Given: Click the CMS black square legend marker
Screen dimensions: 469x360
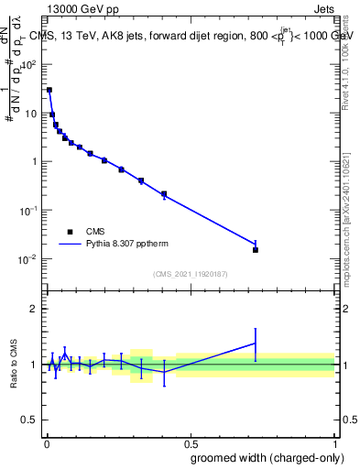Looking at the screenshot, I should point(71,232).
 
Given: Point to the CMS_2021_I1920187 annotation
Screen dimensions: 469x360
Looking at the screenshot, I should point(191,274).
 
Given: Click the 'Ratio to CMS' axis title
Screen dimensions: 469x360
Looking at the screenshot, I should point(16,365).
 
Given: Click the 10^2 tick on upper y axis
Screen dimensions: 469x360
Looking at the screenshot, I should point(29,65).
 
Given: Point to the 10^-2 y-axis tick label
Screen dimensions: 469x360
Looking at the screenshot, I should point(27,259).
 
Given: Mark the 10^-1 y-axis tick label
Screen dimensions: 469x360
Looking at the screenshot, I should point(27,211).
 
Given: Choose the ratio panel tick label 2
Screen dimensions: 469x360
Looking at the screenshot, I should point(33,309).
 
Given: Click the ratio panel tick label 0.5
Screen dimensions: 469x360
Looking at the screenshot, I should point(29,420).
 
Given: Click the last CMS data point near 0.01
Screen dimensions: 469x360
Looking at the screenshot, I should point(256,250).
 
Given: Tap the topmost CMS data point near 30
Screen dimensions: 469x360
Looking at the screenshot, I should point(49,90).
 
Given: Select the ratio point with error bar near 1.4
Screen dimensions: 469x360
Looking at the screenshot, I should point(256,344).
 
